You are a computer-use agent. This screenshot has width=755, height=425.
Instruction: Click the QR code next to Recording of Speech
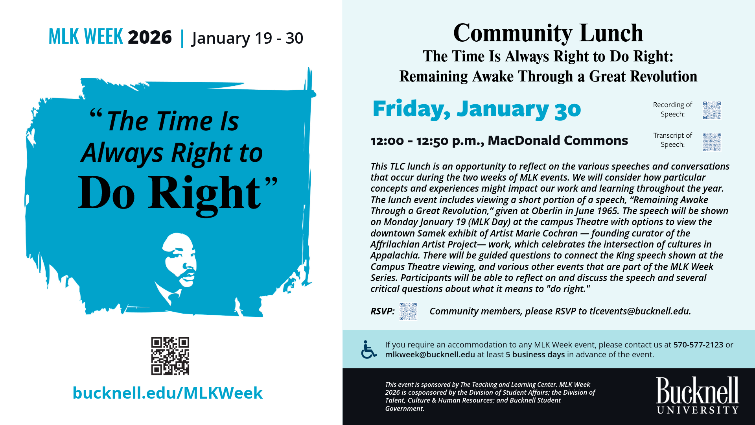tap(712, 110)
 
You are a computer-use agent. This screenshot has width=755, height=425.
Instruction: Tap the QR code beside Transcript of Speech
tap(712, 142)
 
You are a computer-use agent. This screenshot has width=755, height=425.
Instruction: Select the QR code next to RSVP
tap(408, 311)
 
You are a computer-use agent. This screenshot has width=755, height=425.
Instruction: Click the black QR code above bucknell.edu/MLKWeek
tap(170, 356)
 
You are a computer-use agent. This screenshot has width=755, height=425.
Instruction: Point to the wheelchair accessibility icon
tap(368, 349)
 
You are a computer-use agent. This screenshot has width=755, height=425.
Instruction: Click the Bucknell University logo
tap(697, 395)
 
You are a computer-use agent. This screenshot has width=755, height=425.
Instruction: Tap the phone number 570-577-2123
tap(698, 345)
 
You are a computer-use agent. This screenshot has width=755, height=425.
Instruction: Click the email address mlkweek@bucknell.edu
tap(430, 355)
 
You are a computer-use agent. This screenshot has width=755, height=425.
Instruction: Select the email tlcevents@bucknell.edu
tap(639, 311)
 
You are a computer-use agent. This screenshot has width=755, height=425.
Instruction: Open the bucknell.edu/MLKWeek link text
tap(168, 393)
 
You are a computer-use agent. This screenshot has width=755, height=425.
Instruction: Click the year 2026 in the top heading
tap(150, 37)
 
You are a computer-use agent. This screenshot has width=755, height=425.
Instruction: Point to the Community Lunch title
tap(548, 33)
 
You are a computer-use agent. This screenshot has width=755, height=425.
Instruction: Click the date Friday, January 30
tap(477, 109)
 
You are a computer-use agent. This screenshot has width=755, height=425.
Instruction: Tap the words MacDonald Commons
tap(558, 140)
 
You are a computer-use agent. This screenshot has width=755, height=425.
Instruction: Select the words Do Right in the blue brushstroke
tap(169, 193)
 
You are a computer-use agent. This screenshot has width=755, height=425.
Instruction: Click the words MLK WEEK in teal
tap(86, 37)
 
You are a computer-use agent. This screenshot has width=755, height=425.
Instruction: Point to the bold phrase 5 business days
tap(535, 355)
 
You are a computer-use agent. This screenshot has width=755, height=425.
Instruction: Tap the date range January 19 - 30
tap(247, 38)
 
